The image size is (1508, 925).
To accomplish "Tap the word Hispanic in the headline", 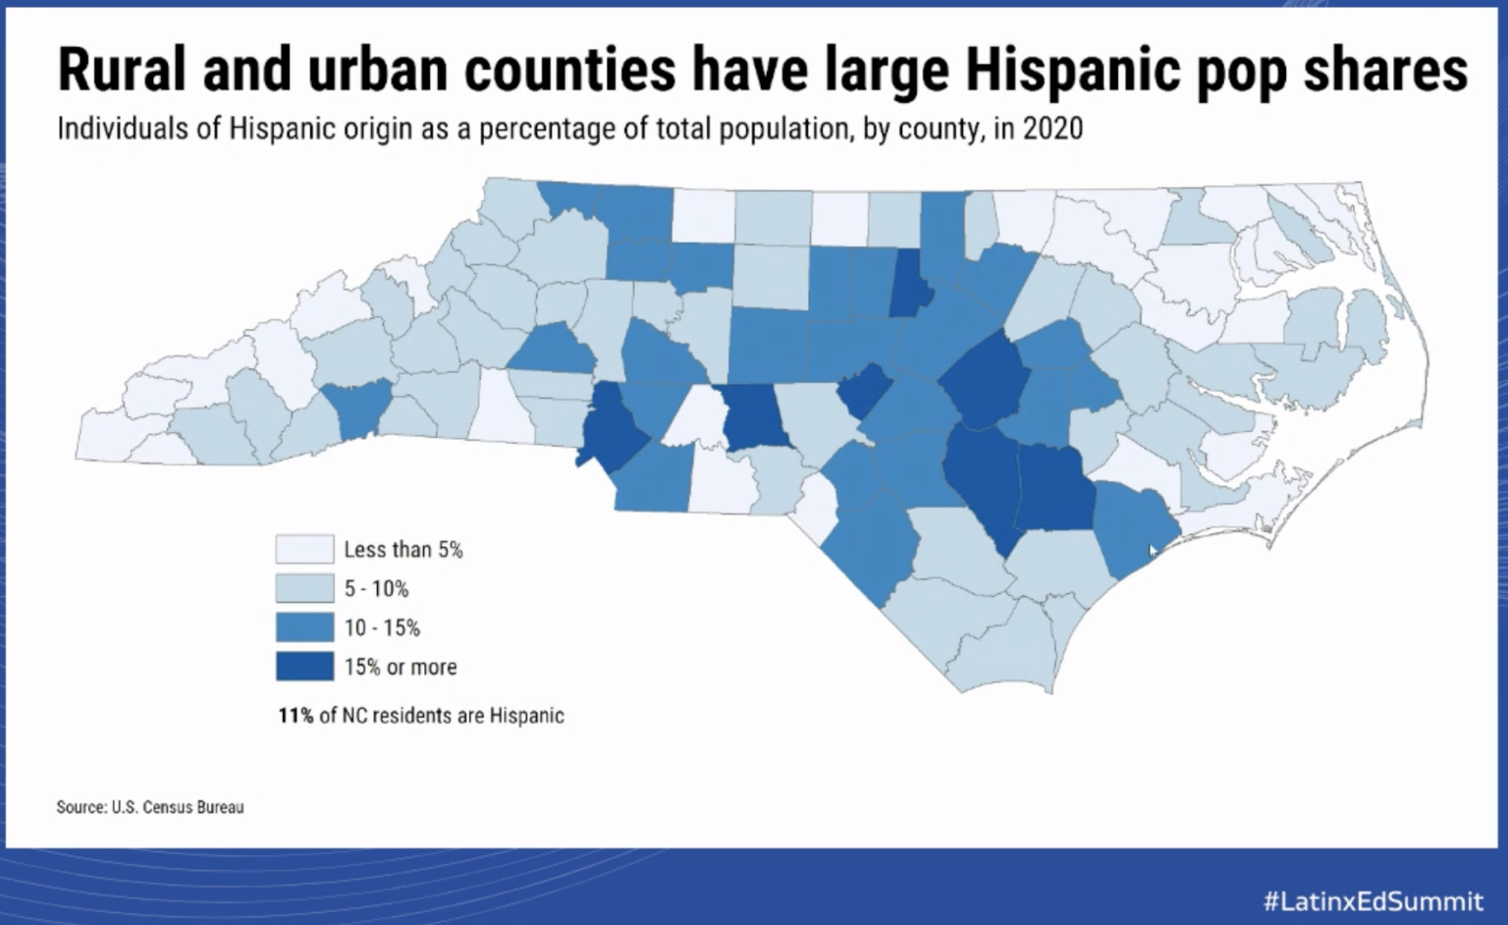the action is (1073, 70).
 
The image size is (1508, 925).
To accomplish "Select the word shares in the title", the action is (1385, 70).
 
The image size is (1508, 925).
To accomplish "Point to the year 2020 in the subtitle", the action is (1052, 128).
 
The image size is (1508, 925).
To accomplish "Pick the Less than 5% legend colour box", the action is (304, 549).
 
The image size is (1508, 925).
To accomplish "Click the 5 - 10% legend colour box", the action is (304, 588).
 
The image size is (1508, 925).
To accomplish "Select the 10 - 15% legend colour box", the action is (304, 626).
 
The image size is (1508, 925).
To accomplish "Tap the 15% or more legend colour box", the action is (304, 666).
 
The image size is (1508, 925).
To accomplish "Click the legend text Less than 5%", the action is (404, 549).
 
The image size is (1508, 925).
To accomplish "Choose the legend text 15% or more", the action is (401, 667).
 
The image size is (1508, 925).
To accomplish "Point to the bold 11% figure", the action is (296, 715).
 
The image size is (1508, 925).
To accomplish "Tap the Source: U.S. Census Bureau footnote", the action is (150, 806).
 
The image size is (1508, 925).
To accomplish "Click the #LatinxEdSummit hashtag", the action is (1374, 900).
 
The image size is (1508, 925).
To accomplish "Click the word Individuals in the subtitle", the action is (123, 128).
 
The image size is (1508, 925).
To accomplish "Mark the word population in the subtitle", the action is (782, 129).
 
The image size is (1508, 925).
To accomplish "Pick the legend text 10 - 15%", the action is (382, 627).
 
